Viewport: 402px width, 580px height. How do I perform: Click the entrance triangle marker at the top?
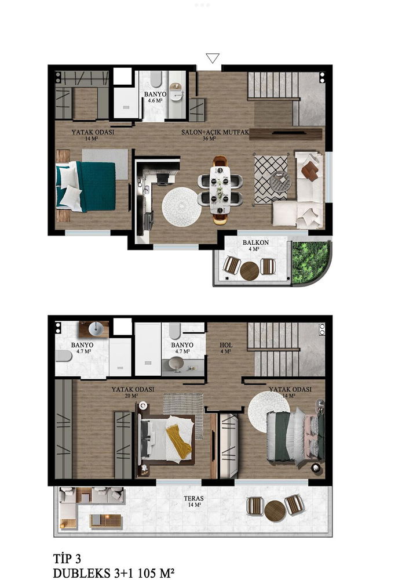(213, 58)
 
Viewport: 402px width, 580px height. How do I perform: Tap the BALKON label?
(255, 242)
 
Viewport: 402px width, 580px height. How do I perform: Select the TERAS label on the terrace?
(193, 499)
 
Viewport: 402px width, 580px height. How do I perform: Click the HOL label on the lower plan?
(226, 345)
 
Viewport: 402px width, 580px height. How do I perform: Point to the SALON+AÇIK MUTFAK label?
(215, 132)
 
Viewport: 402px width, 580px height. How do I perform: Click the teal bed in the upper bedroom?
(86, 186)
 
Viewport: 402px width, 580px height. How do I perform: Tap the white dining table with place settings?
(220, 190)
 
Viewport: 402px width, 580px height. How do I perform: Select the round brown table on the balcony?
(250, 271)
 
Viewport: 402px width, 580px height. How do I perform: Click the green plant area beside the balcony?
(310, 262)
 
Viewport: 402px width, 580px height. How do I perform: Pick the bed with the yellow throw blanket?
(166, 439)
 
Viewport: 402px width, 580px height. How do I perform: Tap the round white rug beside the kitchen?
(181, 207)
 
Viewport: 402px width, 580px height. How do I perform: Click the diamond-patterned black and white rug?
(271, 179)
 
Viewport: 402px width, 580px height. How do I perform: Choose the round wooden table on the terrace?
(275, 511)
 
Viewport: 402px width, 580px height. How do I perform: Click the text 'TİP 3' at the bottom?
(67, 558)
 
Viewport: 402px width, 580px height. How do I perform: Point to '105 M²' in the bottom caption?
(156, 573)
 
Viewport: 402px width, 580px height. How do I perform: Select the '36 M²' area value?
(209, 139)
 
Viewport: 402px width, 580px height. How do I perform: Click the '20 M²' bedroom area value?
(131, 396)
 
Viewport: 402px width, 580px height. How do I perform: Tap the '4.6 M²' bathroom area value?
(155, 100)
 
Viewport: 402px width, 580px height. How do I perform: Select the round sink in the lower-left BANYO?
(96, 327)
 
